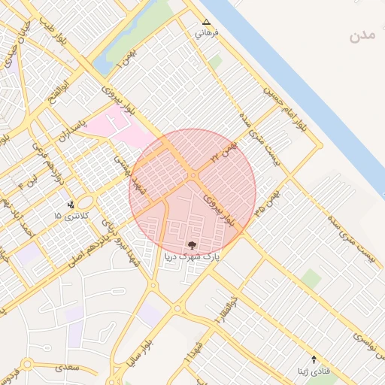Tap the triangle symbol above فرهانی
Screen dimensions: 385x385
206,23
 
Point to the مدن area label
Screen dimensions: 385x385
362,35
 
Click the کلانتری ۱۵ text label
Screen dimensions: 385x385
71,216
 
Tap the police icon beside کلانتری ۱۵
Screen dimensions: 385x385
71,204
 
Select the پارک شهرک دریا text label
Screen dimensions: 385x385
192,256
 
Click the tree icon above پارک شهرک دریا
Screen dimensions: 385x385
192,244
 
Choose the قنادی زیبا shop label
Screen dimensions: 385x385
313,371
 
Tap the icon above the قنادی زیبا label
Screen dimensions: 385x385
314,359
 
